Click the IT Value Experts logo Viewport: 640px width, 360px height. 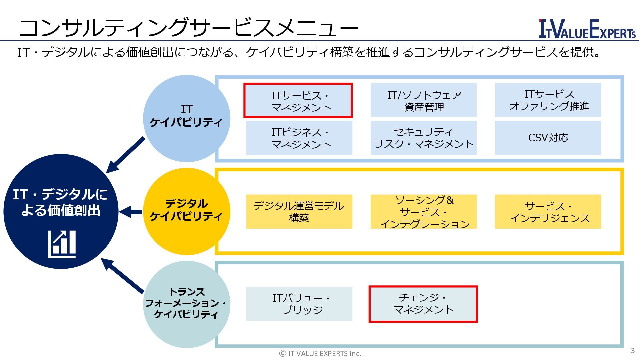[x=587, y=29]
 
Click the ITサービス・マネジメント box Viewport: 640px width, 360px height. [x=298, y=101]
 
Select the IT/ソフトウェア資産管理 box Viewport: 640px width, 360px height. [x=424, y=100]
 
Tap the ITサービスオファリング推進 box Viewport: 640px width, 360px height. [x=548, y=100]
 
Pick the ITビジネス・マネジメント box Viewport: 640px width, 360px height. [x=299, y=138]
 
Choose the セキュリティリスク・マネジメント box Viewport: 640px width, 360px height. [x=424, y=138]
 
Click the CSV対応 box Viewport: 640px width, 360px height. [x=548, y=138]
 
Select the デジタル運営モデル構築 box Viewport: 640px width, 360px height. [x=299, y=212]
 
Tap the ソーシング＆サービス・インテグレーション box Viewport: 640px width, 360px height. [x=424, y=212]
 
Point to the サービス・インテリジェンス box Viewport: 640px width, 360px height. [x=548, y=212]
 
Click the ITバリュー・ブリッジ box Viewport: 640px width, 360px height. [x=299, y=304]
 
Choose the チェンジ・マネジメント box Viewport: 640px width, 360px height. [x=423, y=304]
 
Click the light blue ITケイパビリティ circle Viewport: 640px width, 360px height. [x=186, y=118]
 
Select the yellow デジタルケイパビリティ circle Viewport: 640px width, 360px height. [x=186, y=211]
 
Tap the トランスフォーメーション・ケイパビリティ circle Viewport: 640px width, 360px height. [x=186, y=304]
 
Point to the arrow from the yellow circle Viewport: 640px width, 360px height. [x=131, y=212]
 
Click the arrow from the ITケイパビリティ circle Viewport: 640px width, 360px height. [x=125, y=155]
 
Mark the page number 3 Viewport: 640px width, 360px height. [x=633, y=350]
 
